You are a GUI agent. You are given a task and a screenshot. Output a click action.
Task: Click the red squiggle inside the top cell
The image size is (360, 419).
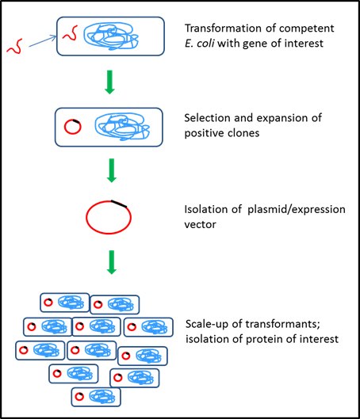click(71, 34)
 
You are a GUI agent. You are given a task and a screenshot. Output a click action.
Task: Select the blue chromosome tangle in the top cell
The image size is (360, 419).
click(120, 40)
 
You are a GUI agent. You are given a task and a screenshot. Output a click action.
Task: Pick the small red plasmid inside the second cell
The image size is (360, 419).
click(71, 126)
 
